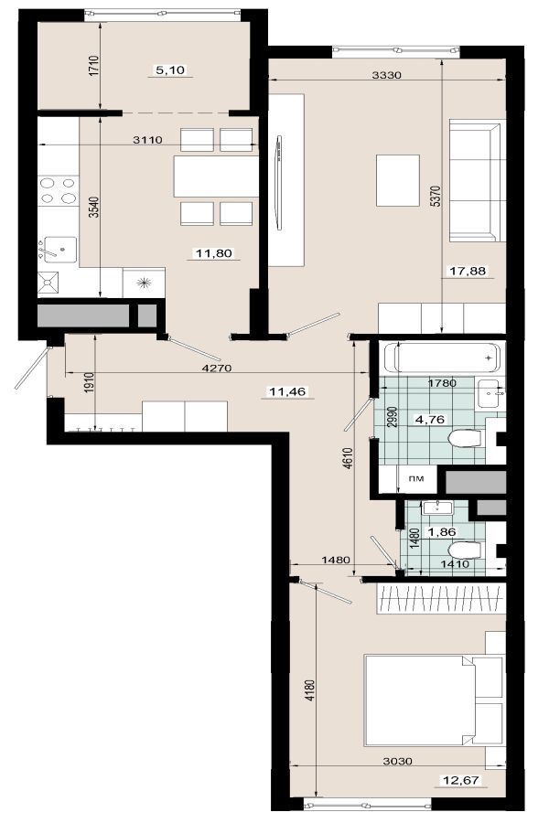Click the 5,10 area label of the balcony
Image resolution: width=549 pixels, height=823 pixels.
tap(171, 69)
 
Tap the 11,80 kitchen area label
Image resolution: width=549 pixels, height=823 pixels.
tap(214, 253)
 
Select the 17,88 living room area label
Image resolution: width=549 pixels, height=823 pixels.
tap(467, 272)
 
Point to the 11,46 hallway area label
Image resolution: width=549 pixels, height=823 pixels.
tap(287, 391)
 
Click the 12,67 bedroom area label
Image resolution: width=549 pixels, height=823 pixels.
tap(461, 780)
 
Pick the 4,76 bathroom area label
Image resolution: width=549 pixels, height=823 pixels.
tap(430, 420)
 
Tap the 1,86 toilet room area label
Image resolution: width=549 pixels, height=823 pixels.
tap(442, 531)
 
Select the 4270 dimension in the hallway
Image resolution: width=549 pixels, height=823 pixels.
tap(217, 368)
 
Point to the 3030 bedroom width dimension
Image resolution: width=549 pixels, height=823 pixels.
tap(397, 761)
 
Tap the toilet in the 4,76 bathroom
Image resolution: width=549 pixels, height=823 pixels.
tap(466, 438)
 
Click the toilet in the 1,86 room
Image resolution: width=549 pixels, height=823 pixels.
tap(466, 550)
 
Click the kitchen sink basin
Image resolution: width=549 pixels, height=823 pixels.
tap(60, 250)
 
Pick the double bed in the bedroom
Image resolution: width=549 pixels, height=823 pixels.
tap(434, 700)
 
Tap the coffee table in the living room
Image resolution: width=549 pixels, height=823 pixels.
tap(398, 180)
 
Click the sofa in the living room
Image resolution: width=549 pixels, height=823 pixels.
tap(477, 180)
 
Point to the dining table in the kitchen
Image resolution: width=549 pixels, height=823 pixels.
tap(216, 176)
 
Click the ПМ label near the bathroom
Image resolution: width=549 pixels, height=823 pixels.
tap(416, 478)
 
